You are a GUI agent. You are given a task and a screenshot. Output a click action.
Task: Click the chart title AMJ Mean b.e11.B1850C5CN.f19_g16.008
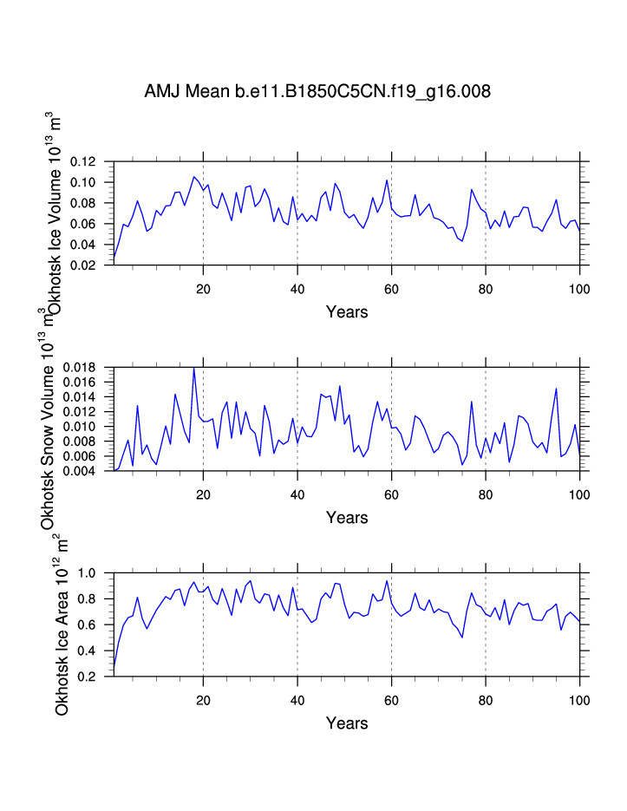(x=317, y=90)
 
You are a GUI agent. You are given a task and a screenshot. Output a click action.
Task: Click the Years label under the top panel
(x=347, y=312)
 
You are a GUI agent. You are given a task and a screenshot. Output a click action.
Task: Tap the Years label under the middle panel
(x=347, y=518)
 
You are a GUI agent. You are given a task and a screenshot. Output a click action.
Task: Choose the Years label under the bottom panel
(x=347, y=723)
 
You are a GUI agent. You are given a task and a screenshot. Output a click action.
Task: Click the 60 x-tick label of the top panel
(x=391, y=288)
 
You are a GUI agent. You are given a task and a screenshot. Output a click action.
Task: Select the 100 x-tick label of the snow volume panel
(x=579, y=494)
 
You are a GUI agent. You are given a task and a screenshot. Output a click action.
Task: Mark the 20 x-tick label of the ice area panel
(x=203, y=699)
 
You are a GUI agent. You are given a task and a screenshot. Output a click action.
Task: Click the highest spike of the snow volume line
(x=193, y=369)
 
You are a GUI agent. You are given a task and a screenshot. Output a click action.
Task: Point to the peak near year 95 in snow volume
(x=556, y=389)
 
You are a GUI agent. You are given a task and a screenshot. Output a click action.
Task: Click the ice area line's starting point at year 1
(x=114, y=666)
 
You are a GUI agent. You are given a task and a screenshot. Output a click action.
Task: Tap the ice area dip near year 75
(x=462, y=638)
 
